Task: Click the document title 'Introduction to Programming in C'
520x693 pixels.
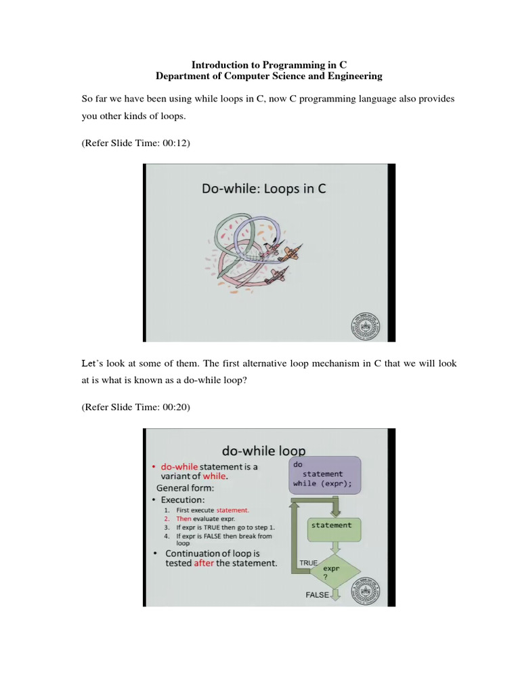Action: click(x=269, y=65)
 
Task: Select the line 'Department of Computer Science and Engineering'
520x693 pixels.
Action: click(x=269, y=76)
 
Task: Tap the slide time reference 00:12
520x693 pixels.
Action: click(x=131, y=143)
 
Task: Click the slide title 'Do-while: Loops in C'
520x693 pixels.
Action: click(x=264, y=188)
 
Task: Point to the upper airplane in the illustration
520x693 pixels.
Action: click(x=289, y=254)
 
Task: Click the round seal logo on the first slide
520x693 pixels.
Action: click(x=363, y=326)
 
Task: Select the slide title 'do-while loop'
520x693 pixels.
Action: click(x=264, y=450)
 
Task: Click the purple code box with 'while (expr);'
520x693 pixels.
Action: click(x=326, y=475)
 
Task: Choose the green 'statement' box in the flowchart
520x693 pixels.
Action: click(x=331, y=526)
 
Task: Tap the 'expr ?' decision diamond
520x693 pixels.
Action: click(x=331, y=573)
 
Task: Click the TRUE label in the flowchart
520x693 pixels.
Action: click(x=307, y=563)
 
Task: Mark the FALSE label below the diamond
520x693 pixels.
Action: click(x=317, y=596)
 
